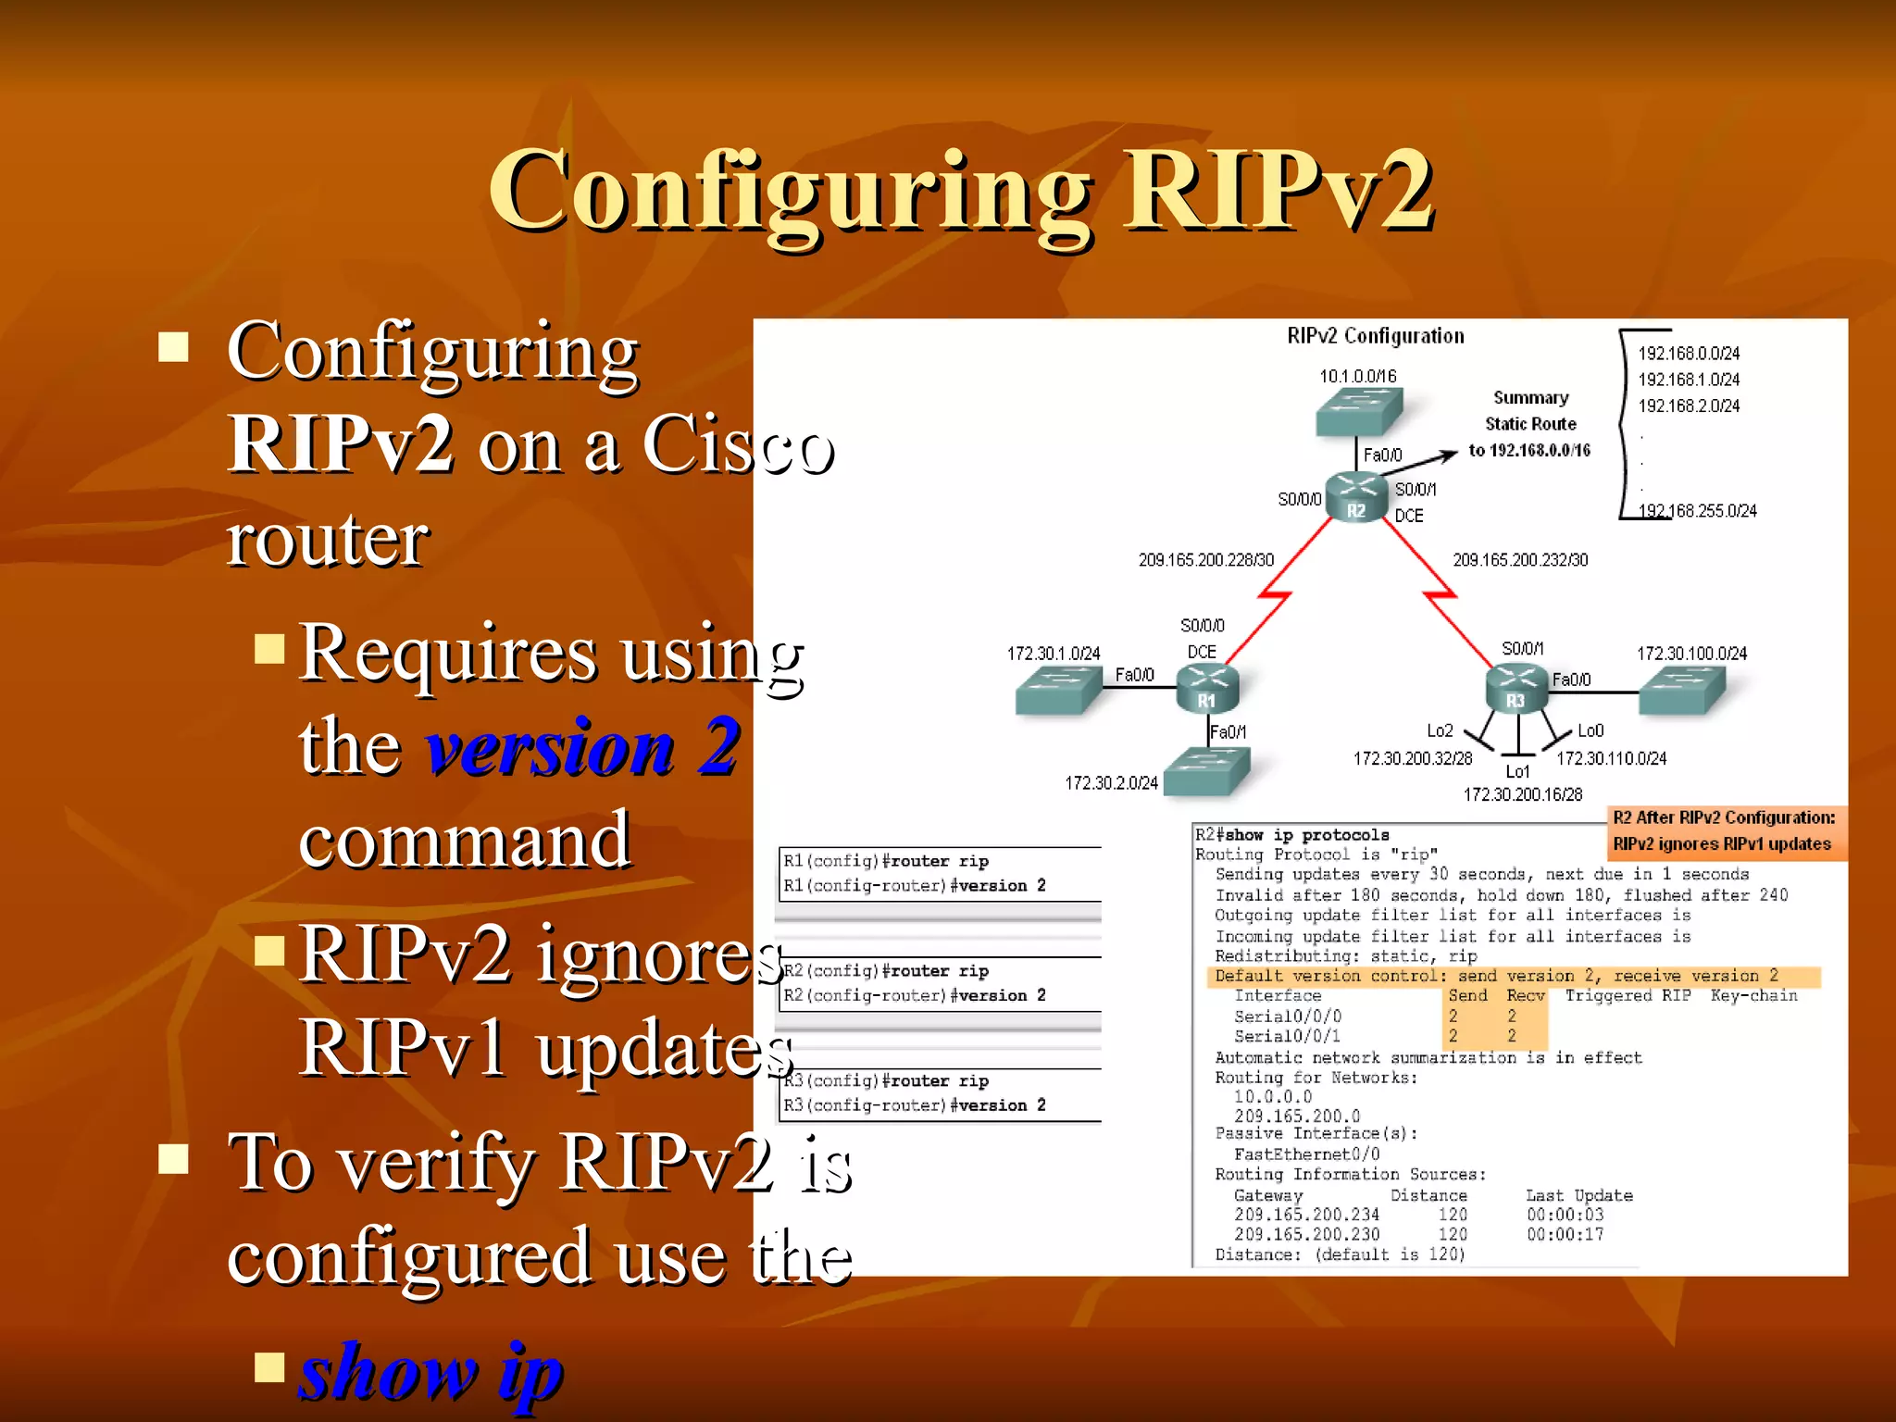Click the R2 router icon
[1356, 498]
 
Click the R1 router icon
[1206, 689]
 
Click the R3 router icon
[1516, 689]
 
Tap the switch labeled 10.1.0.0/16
[1359, 410]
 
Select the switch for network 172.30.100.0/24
[1682, 691]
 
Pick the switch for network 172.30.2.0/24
[1206, 771]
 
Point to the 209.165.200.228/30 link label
[1205, 560]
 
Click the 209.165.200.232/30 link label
[1520, 560]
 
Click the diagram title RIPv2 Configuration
[1376, 336]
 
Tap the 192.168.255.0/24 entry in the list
[1697, 511]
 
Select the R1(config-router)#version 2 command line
[915, 886]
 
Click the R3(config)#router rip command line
[886, 1081]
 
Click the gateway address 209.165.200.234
[1306, 1215]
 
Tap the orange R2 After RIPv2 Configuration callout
[1724, 830]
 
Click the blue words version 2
[581, 746]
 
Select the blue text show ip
[431, 1371]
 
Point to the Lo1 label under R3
[1517, 771]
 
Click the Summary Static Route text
[1530, 424]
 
